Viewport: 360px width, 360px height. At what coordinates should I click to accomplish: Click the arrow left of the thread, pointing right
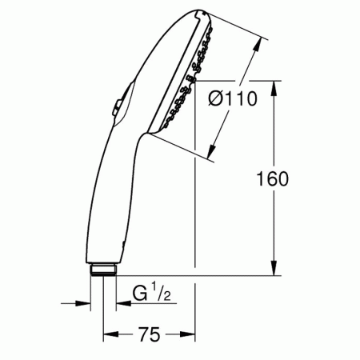[84, 303]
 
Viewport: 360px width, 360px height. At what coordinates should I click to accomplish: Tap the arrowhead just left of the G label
[122, 303]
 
